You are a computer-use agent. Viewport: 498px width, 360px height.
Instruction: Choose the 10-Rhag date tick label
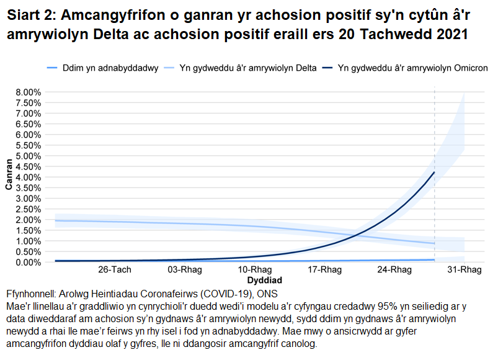[255, 270]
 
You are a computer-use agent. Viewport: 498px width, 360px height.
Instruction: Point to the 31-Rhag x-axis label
[465, 270]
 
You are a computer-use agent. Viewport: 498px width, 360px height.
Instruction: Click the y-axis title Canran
[9, 177]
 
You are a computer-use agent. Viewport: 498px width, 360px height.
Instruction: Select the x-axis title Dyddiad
[255, 281]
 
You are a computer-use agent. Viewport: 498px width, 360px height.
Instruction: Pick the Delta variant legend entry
[247, 67]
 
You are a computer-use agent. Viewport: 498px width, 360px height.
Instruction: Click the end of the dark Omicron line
[434, 172]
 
